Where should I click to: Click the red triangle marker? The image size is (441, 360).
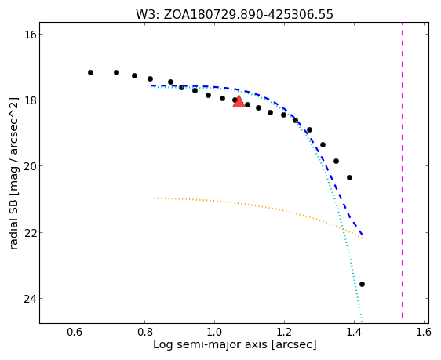239,101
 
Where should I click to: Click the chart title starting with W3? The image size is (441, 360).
235,15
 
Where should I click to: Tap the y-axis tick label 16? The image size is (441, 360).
30,35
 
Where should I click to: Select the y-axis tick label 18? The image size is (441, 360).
30,100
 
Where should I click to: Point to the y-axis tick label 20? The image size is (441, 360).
30,166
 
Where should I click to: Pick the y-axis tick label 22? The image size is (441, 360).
30,233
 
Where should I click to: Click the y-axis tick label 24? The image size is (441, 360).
30,299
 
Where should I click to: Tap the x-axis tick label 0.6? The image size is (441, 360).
75,333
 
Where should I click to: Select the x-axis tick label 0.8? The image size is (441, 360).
144,333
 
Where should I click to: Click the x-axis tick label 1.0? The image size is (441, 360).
214,333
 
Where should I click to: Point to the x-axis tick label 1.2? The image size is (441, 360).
284,333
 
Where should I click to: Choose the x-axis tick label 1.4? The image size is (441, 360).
354,333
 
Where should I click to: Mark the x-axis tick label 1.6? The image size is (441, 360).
423,333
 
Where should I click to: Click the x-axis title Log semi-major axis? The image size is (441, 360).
235,344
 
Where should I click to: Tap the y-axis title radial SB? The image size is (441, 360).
13,173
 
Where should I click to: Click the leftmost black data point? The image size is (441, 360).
90,72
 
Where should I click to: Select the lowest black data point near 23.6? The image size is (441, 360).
362,285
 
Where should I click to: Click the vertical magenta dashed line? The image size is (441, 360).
403,170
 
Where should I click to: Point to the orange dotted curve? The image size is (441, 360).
257,205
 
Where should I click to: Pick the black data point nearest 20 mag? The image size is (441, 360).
336,162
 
